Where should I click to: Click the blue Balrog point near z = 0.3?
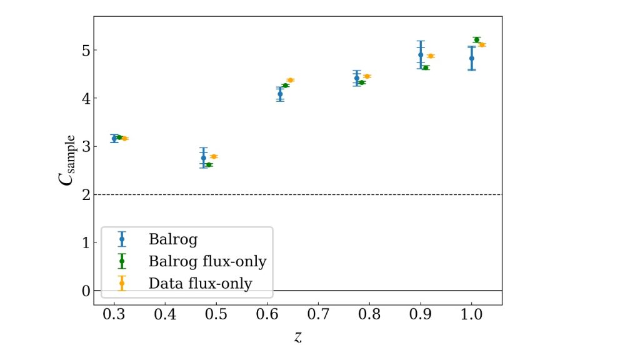coord(114,138)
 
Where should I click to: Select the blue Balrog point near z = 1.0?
coord(472,58)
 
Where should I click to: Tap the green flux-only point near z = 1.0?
coord(477,40)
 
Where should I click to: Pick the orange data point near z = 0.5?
coord(214,156)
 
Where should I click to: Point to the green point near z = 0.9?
coord(426,67)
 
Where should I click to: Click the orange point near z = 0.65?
coord(291,80)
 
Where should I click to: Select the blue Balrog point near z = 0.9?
coord(421,55)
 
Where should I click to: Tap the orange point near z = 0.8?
coord(367,76)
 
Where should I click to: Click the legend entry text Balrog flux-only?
coord(207,261)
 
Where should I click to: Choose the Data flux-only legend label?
coord(200,284)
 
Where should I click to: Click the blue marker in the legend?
coord(122,239)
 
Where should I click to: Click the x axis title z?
coord(297,337)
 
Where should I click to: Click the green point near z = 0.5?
coord(209,165)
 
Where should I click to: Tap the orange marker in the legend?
coord(122,283)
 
